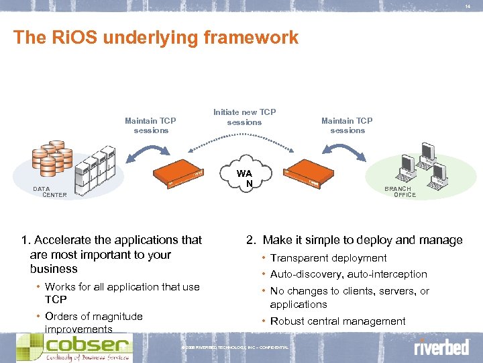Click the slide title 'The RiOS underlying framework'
156,38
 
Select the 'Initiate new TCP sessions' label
244,117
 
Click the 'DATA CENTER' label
50,192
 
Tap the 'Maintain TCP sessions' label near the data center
150,126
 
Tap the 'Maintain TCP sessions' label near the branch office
347,126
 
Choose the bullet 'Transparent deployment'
328,258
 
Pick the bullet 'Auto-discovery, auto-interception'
348,274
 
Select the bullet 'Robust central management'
337,321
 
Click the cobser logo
74,347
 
